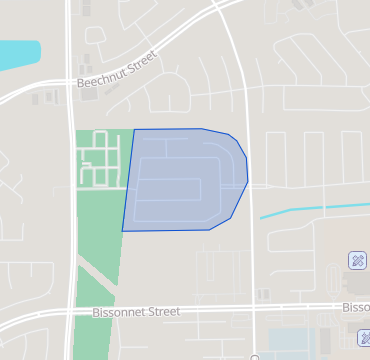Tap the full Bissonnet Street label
tap(136, 312)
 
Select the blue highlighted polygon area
tap(185, 180)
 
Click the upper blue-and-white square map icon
tap(357, 260)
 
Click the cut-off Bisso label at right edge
tap(356, 307)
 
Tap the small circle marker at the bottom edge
tap(255, 357)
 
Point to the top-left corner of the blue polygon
tap(135, 129)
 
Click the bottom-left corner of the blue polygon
tap(123, 231)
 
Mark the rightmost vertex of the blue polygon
tap(248, 183)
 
